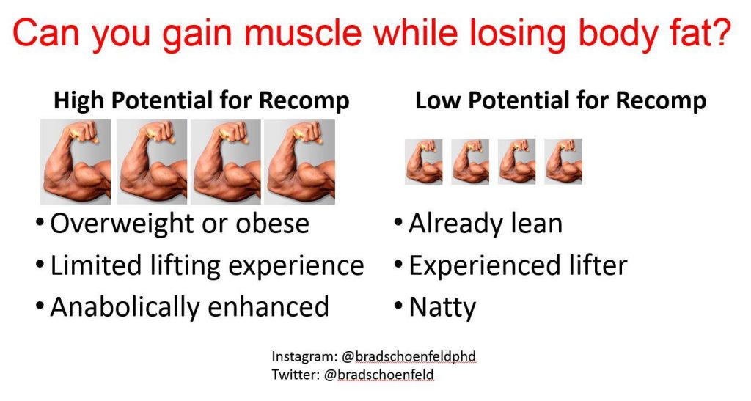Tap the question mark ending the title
(722, 32)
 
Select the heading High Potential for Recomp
(201, 100)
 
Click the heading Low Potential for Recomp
(560, 100)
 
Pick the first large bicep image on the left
(76, 162)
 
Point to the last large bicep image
(300, 162)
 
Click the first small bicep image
(423, 162)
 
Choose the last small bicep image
(563, 162)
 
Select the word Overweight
(122, 224)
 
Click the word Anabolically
(125, 307)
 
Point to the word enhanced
(268, 306)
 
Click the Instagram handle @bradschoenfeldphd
(409, 356)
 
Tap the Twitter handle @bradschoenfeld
(379, 374)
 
